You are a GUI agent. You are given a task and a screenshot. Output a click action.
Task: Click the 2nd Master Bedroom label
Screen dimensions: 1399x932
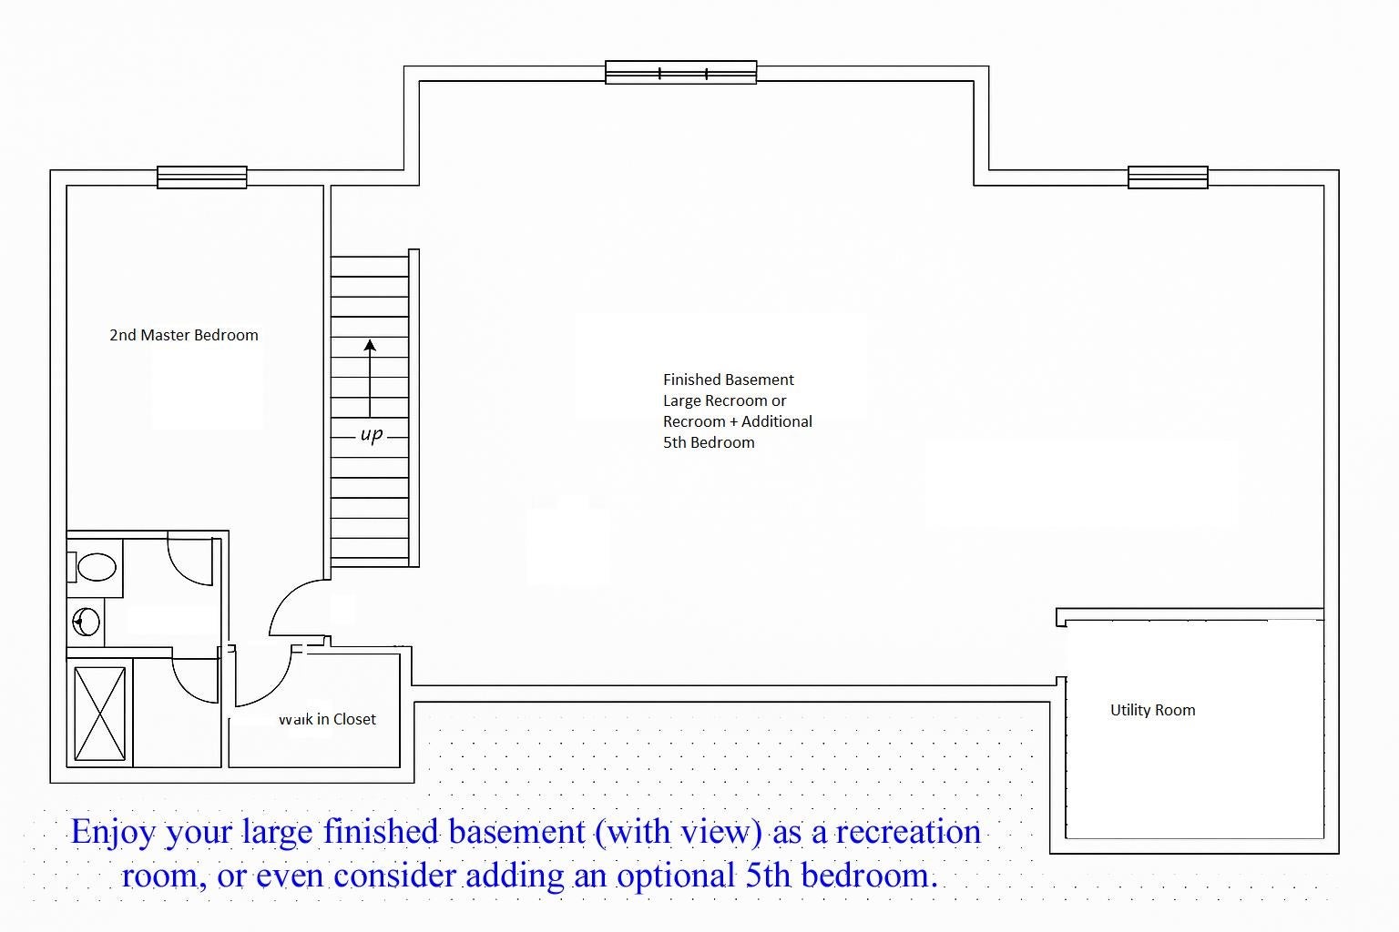pyautogui.click(x=184, y=335)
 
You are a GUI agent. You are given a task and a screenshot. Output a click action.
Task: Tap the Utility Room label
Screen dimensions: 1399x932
pyautogui.click(x=1152, y=710)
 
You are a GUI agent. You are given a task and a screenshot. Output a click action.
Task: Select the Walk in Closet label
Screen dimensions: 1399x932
pyautogui.click(x=327, y=719)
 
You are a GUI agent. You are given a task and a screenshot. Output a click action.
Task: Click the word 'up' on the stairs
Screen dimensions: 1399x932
pyautogui.click(x=371, y=434)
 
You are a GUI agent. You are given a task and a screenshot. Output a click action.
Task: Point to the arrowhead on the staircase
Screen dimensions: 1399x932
pyautogui.click(x=370, y=345)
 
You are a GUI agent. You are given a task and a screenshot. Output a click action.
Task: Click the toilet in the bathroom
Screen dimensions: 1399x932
pyautogui.click(x=92, y=567)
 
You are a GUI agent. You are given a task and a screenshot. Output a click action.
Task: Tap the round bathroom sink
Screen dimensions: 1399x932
pyautogui.click(x=86, y=623)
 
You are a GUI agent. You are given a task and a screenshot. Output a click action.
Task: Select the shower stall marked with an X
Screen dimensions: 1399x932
pyautogui.click(x=99, y=714)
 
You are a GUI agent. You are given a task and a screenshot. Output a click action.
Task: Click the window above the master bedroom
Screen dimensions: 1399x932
pyautogui.click(x=201, y=177)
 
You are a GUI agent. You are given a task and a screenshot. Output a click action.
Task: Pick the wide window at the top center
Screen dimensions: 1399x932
pyautogui.click(x=680, y=73)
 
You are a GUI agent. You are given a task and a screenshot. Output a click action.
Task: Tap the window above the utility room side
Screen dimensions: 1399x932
pyautogui.click(x=1168, y=177)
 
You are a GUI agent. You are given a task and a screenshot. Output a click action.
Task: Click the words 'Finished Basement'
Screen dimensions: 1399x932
pyautogui.click(x=729, y=380)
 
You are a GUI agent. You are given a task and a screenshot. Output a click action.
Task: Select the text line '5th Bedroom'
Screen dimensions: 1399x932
pyautogui.click(x=709, y=442)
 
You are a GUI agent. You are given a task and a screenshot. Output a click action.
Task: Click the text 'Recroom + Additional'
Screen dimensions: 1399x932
pyautogui.click(x=738, y=421)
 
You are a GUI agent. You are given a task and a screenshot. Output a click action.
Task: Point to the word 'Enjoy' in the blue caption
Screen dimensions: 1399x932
pyautogui.click(x=112, y=833)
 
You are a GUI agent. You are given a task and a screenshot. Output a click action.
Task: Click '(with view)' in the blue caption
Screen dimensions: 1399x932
pyautogui.click(x=679, y=833)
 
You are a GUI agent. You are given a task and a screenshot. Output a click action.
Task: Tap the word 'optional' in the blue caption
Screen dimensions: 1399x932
pyautogui.click(x=675, y=876)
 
